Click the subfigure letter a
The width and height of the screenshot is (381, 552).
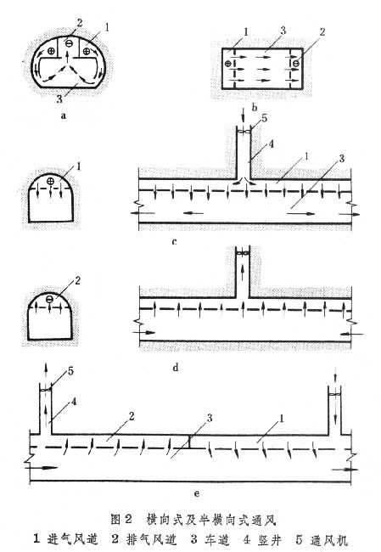(64, 115)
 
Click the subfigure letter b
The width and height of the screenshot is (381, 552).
(255, 107)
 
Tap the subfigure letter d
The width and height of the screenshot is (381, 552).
(176, 368)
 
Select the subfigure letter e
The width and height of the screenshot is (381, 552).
(196, 493)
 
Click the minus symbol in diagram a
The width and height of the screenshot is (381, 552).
(70, 43)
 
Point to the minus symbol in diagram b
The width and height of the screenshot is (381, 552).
(296, 64)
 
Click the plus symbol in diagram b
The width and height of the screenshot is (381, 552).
(227, 64)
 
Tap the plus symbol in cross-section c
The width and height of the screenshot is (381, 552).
(50, 181)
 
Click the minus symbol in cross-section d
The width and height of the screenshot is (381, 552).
(50, 299)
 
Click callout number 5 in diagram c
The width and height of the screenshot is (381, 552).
(264, 118)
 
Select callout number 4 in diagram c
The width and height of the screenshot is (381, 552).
(271, 144)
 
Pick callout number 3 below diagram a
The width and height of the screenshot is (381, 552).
(59, 99)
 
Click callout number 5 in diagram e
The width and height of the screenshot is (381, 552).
(70, 371)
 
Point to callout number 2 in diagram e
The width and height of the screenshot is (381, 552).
(132, 416)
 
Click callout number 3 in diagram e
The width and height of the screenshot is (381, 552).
(210, 418)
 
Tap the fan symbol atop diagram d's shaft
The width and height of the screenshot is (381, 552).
(243, 253)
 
